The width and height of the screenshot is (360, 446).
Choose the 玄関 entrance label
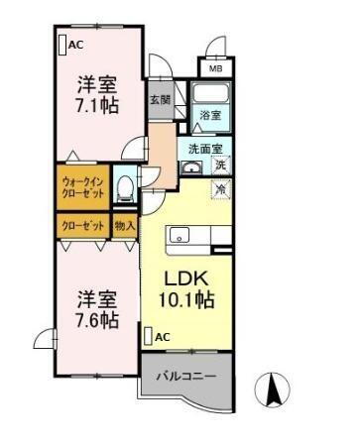pos(161,99)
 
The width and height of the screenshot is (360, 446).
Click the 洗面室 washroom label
pos(205,149)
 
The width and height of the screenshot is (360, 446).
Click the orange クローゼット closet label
pos(82,226)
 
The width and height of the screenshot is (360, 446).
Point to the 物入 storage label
pos(125,226)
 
